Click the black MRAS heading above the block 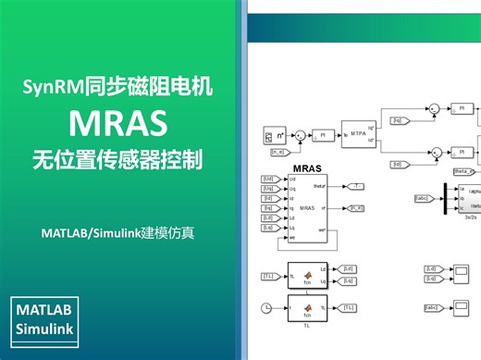tap(304, 168)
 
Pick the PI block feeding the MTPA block tap(323, 135)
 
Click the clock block tap(265, 307)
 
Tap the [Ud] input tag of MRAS tap(268, 179)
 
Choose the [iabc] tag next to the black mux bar tap(422, 197)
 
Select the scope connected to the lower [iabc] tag tap(460, 306)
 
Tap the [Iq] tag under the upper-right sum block tap(398, 120)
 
